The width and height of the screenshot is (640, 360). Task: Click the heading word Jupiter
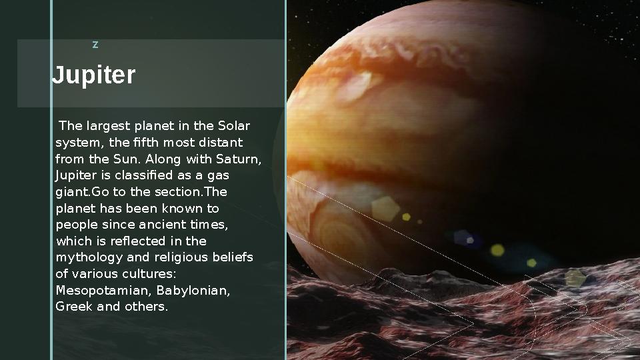click(x=94, y=75)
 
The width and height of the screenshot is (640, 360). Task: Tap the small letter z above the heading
click(x=95, y=45)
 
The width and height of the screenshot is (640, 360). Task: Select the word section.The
click(x=191, y=192)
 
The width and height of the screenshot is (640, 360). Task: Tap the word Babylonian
click(x=193, y=291)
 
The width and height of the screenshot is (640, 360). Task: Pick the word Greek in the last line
click(x=71, y=307)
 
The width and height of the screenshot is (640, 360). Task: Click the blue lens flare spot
click(x=464, y=238)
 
